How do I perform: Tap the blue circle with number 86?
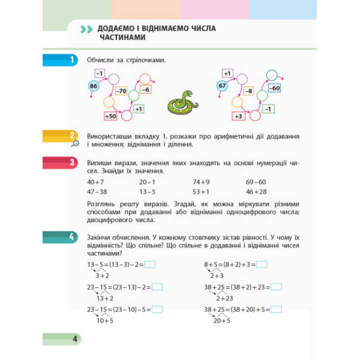pos(93,87)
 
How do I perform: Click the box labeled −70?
pos(122,91)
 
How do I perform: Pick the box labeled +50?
pos(110,116)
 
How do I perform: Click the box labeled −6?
pos(145,89)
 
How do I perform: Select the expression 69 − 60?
pos(256,181)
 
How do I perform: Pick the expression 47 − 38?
pos(98,191)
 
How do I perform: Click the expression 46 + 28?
pos(256,191)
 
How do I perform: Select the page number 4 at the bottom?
pos(76,340)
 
